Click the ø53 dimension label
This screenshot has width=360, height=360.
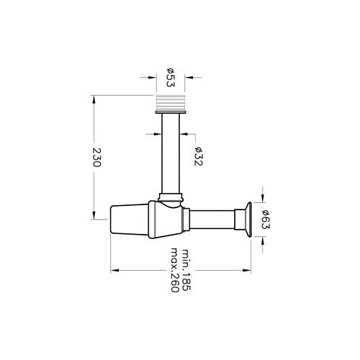coord(171,77)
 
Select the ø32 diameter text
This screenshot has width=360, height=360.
coord(197,156)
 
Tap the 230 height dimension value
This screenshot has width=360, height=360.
coord(98,157)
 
